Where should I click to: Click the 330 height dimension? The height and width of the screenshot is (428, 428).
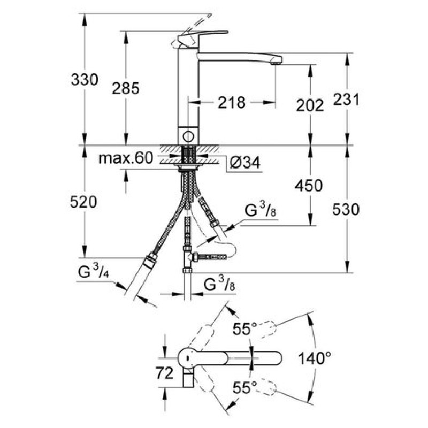[85, 80]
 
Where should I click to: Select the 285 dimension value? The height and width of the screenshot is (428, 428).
[126, 89]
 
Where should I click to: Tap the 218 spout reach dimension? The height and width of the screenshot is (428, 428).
[231, 102]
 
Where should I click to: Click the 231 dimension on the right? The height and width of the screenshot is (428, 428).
[345, 99]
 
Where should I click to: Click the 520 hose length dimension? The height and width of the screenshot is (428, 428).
[83, 202]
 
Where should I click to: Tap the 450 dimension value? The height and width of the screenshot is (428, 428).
[309, 186]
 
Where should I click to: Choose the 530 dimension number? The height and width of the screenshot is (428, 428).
[345, 210]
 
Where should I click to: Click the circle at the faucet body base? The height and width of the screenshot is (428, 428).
[187, 135]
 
